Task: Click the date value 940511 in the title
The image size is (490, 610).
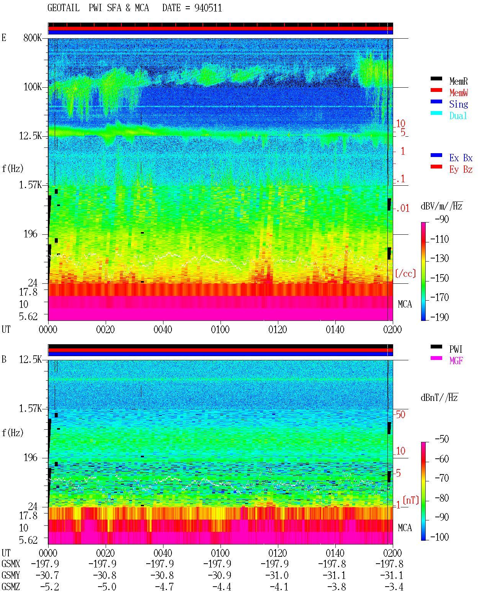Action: tap(208, 8)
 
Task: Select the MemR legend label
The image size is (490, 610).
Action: tap(459, 81)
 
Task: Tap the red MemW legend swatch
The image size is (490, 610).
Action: tap(436, 90)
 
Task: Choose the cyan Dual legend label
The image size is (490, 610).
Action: tap(458, 116)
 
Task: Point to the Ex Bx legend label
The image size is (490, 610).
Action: tap(461, 158)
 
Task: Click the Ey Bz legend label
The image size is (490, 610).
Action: tap(461, 169)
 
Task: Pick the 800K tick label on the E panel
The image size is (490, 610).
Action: tap(33, 38)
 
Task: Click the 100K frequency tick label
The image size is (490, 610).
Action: tap(33, 87)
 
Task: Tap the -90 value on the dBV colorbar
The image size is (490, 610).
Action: tap(442, 219)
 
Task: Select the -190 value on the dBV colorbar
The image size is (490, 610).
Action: tap(439, 317)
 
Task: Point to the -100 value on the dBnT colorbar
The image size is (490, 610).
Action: tap(439, 536)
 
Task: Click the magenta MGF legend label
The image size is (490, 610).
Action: tap(456, 361)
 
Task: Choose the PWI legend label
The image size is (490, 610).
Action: tap(456, 349)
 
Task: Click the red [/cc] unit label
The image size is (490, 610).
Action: tap(405, 273)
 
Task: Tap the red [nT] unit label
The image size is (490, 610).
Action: tap(411, 500)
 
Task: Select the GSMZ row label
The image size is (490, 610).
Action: tap(11, 586)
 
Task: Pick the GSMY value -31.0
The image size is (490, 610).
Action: tap(277, 575)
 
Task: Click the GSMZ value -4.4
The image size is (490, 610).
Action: tap(222, 587)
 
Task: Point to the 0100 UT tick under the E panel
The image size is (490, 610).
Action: tap(220, 329)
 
